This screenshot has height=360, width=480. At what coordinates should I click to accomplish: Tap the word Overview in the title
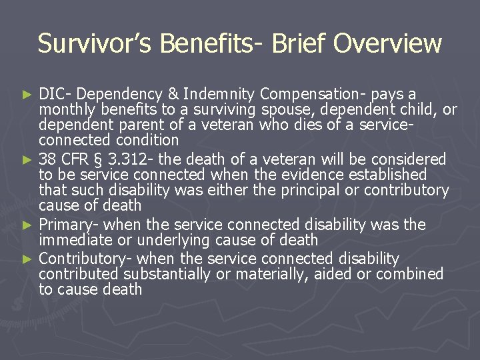387,44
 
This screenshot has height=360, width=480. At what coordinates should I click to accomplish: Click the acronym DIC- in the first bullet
50,94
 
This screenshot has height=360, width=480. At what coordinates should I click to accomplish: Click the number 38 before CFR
47,159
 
